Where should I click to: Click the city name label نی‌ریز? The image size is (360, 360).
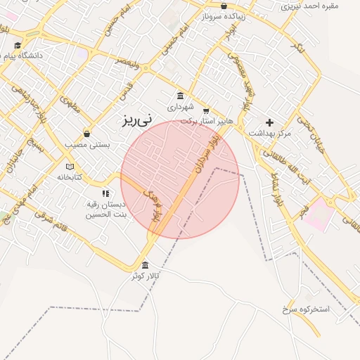[x=136, y=120]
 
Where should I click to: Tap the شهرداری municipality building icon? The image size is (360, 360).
[x=181, y=96]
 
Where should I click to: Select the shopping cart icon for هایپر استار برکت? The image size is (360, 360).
[x=205, y=110]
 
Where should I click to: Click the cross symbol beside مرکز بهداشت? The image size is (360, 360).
[x=269, y=122]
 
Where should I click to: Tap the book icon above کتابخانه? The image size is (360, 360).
[x=69, y=166]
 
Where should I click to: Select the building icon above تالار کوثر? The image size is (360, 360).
[x=145, y=265]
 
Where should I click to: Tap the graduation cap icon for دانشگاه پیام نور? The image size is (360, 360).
[x=18, y=46]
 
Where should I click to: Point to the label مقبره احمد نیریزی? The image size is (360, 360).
[x=310, y=6]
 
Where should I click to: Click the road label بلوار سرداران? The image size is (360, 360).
[x=204, y=155]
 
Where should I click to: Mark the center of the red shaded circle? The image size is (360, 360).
[x=180, y=179]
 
